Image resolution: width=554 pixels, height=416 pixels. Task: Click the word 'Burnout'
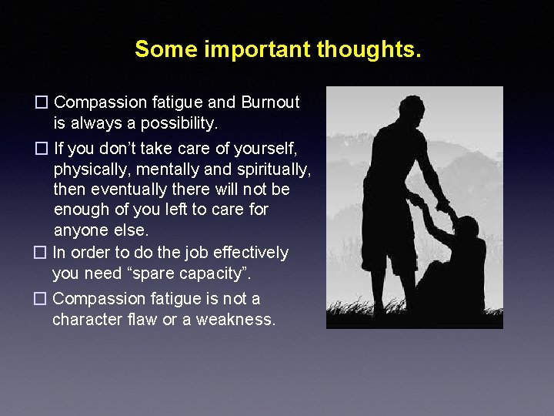pyautogui.click(x=270, y=102)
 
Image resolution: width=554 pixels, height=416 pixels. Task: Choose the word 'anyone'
pyautogui.click(x=79, y=230)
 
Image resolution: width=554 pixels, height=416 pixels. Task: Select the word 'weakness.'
pyautogui.click(x=235, y=319)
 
